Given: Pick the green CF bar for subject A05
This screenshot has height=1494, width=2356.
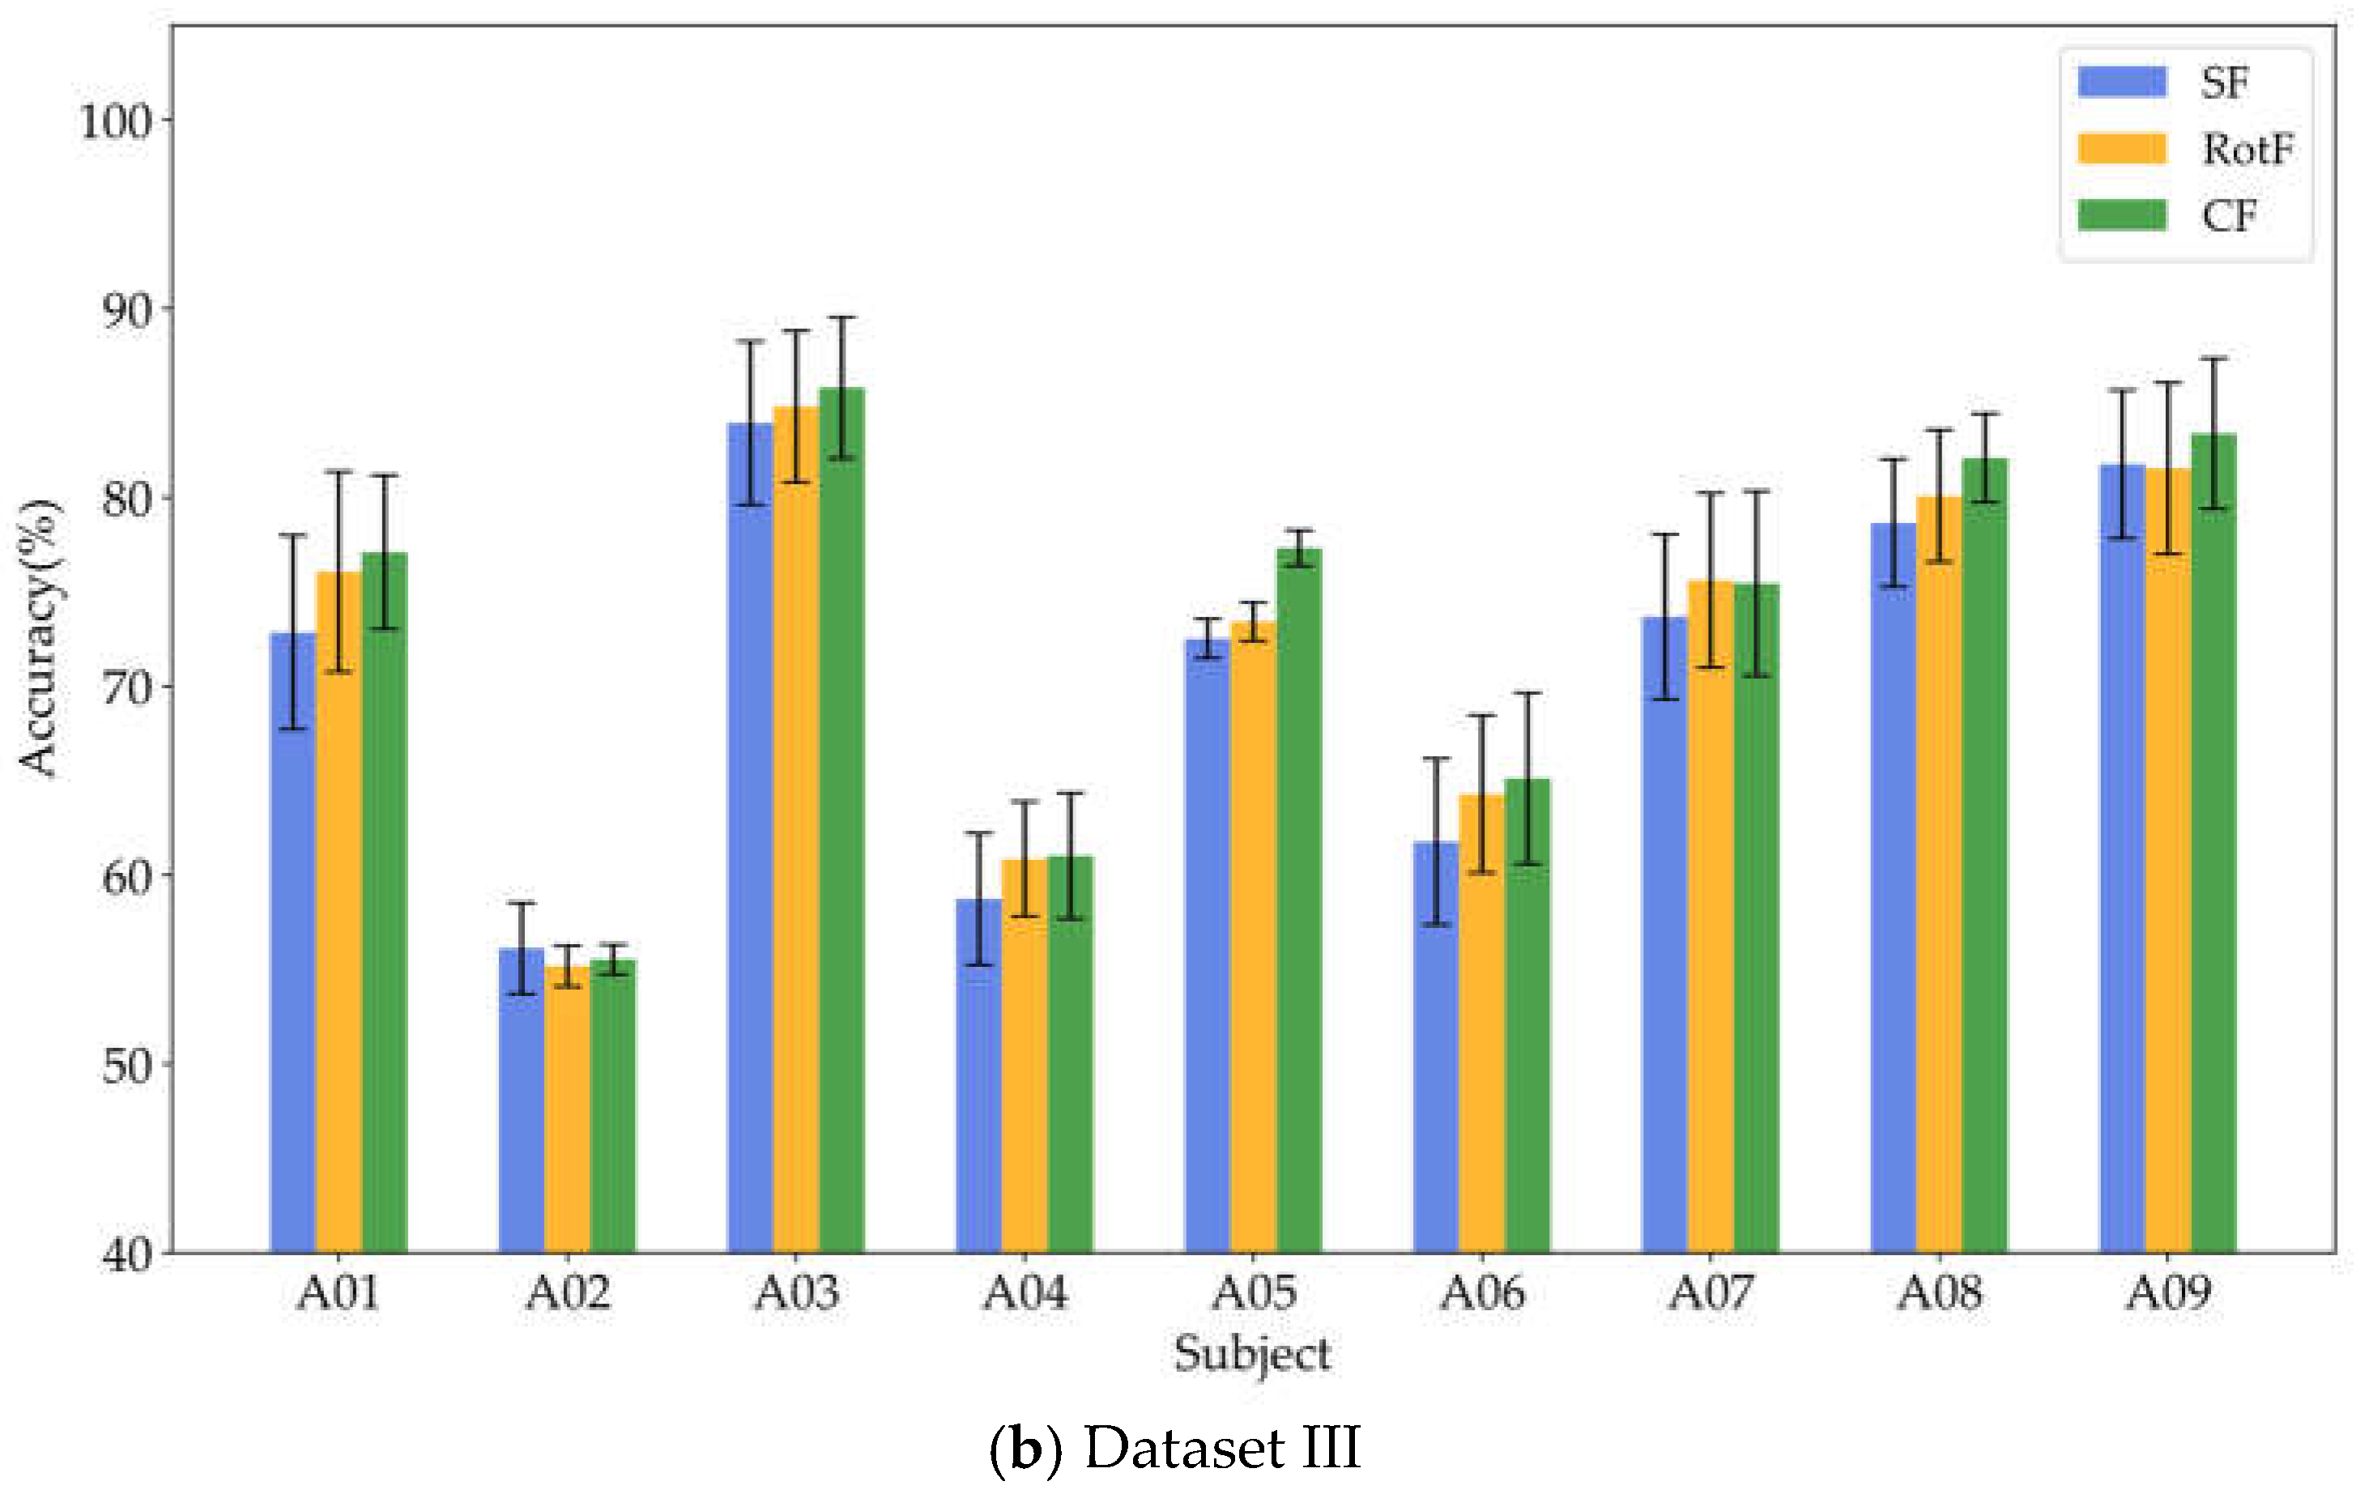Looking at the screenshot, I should (1298, 900).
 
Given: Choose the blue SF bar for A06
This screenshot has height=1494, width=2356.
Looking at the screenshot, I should (1435, 1047).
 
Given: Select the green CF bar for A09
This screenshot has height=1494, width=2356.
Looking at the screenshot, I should (2213, 842).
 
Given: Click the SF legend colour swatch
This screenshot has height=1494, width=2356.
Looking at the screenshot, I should (2121, 81).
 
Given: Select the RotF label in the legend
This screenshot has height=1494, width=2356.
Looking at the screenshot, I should (2247, 149).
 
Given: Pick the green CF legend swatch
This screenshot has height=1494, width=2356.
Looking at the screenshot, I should (2121, 215).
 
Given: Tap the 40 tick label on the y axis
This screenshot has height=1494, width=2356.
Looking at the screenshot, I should (127, 1254).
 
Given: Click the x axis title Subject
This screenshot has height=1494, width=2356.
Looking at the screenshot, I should (1252, 1355).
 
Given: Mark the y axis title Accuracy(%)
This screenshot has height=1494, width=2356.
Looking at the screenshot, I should (39, 638).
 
